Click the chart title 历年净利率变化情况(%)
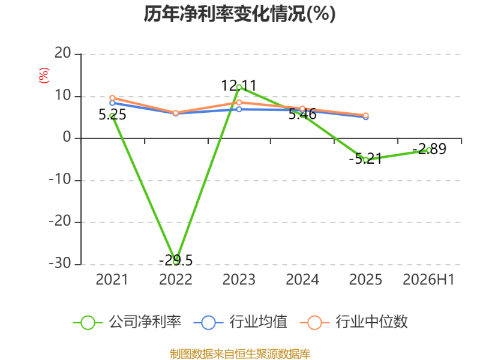tap(239, 14)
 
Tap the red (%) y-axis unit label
tap(44, 76)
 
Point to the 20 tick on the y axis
tap(63, 53)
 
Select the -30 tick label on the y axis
tap(60, 263)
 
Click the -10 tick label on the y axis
tap(60, 179)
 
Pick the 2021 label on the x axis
tap(112, 280)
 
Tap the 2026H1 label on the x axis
tap(428, 280)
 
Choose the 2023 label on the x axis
tap(239, 280)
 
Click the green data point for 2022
tap(176, 262)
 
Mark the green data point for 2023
tap(239, 87)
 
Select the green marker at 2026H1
tap(429, 151)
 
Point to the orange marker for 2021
tap(112, 98)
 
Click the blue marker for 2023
tap(239, 109)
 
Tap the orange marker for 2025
tap(365, 115)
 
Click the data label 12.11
tap(239, 85)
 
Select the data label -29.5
tap(176, 260)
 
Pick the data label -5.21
tap(365, 158)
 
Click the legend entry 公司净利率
tap(127, 322)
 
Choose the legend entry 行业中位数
tap(353, 322)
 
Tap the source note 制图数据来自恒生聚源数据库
tap(240, 354)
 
